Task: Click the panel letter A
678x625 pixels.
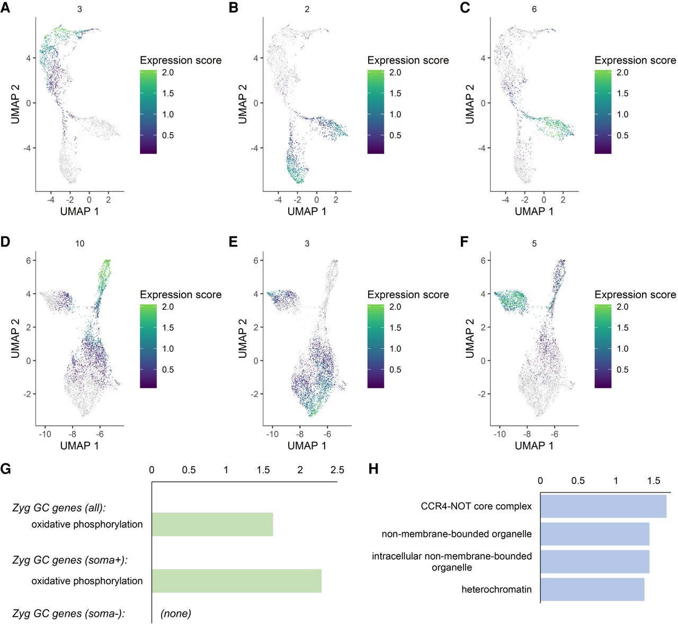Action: pos(5,9)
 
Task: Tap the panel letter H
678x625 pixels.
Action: pos(373,469)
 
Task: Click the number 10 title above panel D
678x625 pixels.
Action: pos(79,243)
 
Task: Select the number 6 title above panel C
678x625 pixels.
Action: pos(534,9)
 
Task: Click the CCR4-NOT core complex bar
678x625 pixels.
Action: pos(603,506)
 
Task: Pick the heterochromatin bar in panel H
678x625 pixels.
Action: pos(592,589)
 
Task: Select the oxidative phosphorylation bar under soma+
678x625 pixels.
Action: pos(236,581)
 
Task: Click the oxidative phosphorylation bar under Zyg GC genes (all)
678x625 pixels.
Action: pos(212,524)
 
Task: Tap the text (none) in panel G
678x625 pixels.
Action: pos(176,614)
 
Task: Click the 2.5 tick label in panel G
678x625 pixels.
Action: pos(337,470)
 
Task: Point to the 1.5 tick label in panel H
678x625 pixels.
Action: pos(654,481)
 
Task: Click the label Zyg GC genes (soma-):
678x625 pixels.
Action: pos(68,614)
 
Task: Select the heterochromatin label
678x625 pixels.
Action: pos(496,589)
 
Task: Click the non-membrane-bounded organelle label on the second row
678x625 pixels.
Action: pos(457,534)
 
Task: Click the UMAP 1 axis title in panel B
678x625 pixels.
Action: pos(307,212)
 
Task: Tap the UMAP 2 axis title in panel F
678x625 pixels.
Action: pos(470,338)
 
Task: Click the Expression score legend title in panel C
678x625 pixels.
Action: pos(635,60)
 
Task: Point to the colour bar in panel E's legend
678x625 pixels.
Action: pos(376,347)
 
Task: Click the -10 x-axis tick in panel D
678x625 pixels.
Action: pos(45,434)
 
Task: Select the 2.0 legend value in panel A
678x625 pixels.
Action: pos(168,73)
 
